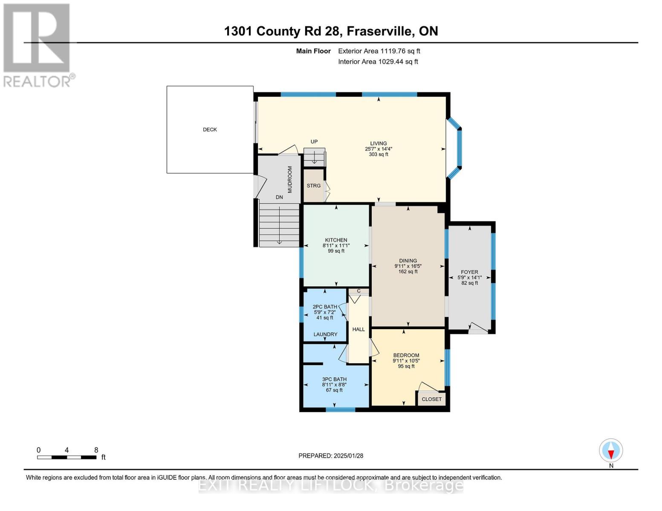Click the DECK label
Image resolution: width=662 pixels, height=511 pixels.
210,129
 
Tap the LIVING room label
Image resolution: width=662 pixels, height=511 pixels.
379,144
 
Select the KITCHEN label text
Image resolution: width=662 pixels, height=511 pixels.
336,240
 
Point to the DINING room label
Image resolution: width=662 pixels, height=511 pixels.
408,261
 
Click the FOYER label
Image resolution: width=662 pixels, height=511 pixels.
469,272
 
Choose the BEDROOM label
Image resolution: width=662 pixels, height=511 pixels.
406,355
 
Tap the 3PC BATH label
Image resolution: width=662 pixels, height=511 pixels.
334,379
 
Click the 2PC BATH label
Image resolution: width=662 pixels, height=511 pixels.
325,307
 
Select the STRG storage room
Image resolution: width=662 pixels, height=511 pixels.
314,186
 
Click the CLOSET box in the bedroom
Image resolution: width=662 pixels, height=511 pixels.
431,399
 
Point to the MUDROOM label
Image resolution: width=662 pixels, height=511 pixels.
290,179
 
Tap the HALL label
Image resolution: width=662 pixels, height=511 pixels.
358,329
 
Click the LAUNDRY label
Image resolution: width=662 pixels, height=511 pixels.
325,334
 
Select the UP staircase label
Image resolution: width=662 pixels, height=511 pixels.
314,142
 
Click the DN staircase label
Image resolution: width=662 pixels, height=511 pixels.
279,197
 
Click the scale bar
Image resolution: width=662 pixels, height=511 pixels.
66,457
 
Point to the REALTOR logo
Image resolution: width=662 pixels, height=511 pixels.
38,45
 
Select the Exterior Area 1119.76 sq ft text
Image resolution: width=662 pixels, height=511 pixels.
379,51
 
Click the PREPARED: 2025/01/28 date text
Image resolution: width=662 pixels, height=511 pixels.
331,456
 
